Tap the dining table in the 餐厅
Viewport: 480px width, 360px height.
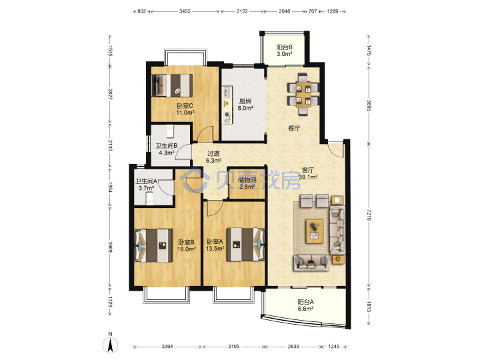click(303, 95)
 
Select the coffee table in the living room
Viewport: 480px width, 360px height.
click(315, 231)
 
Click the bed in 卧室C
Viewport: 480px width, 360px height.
click(173, 85)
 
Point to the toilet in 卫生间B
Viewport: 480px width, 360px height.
click(170, 131)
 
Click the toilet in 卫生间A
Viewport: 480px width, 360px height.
click(149, 199)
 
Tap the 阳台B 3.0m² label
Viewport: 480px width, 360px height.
click(285, 51)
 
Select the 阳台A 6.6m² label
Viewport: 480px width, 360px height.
click(305, 305)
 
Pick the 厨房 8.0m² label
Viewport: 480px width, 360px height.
click(245, 105)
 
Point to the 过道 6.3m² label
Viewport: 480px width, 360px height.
click(214, 157)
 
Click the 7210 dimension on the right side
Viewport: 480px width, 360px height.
click(369, 215)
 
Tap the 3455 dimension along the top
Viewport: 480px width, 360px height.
click(185, 11)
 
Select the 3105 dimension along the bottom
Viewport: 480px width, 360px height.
click(233, 347)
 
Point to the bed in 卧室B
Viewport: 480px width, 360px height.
click(153, 245)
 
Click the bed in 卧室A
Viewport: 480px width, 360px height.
click(245, 244)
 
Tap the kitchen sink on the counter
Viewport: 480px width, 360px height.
click(227, 118)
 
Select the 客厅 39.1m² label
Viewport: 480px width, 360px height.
click(307, 173)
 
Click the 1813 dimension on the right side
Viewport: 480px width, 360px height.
click(369, 307)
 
